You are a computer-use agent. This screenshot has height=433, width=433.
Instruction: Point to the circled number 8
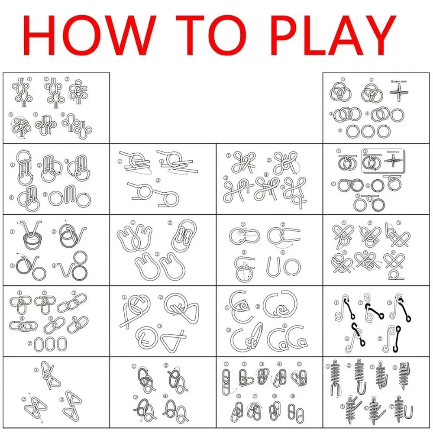click(275, 397)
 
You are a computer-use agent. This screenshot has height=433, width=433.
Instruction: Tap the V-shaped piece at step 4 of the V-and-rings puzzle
click(65, 273)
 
